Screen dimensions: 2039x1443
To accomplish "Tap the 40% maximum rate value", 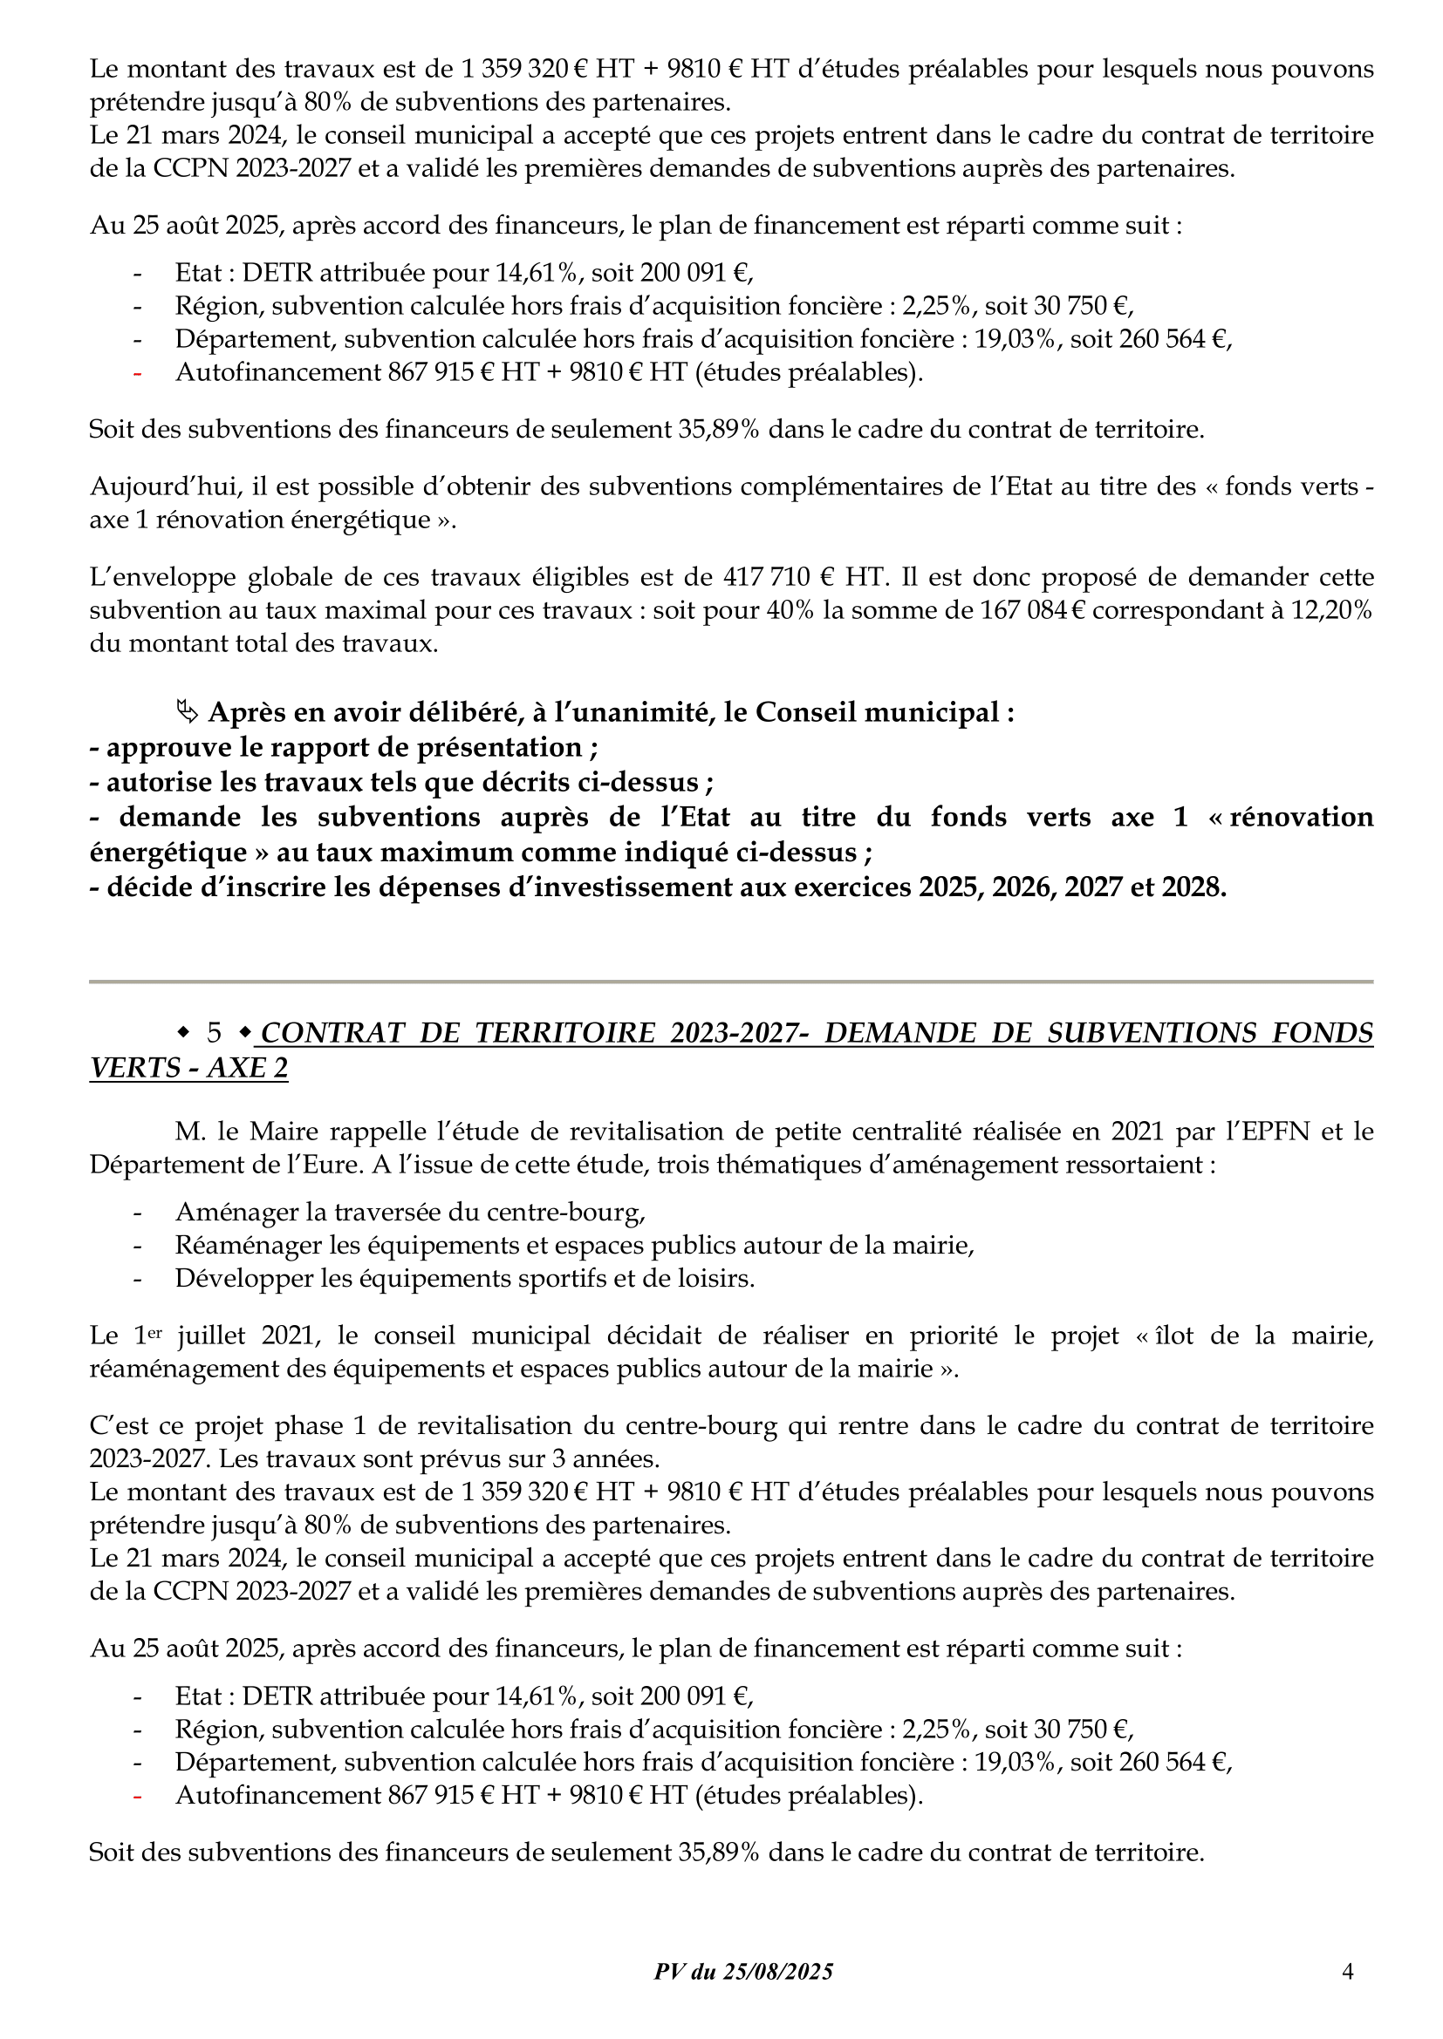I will click(x=790, y=611).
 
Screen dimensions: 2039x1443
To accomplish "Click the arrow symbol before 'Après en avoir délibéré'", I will click(x=187, y=712).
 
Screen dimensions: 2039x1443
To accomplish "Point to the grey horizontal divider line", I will click(x=730, y=982).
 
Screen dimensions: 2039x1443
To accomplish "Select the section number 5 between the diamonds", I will click(x=214, y=1033).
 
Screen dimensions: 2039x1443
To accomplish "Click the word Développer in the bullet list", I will click(x=248, y=1278).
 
